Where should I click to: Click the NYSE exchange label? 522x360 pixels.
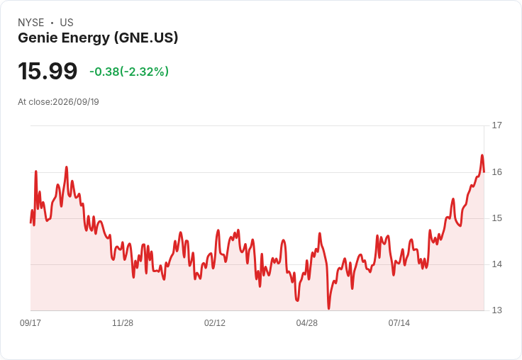(x=31, y=23)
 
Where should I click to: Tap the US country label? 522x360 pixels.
(x=67, y=23)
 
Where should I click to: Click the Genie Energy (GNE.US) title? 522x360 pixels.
(x=98, y=38)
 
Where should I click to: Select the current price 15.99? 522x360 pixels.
(x=48, y=71)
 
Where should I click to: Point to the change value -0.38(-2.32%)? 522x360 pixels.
(x=129, y=72)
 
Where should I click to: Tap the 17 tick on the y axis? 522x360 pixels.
(x=496, y=125)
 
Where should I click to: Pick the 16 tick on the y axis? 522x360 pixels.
(x=496, y=172)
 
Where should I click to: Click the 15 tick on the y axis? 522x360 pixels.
(x=496, y=218)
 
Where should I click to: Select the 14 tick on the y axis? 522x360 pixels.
(x=496, y=264)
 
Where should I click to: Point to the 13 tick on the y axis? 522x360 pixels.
(x=496, y=310)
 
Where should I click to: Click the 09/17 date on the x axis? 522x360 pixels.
(x=30, y=323)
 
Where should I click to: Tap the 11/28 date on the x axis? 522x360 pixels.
(x=123, y=323)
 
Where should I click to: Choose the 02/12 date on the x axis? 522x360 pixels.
(x=215, y=323)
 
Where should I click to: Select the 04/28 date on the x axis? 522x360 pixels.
(x=307, y=323)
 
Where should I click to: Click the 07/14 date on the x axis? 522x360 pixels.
(x=399, y=323)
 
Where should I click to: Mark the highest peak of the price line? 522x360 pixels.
(x=482, y=155)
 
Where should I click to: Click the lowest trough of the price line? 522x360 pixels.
(x=328, y=308)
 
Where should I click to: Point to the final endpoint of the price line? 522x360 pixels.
(x=484, y=171)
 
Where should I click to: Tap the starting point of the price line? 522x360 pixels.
(x=30, y=223)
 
